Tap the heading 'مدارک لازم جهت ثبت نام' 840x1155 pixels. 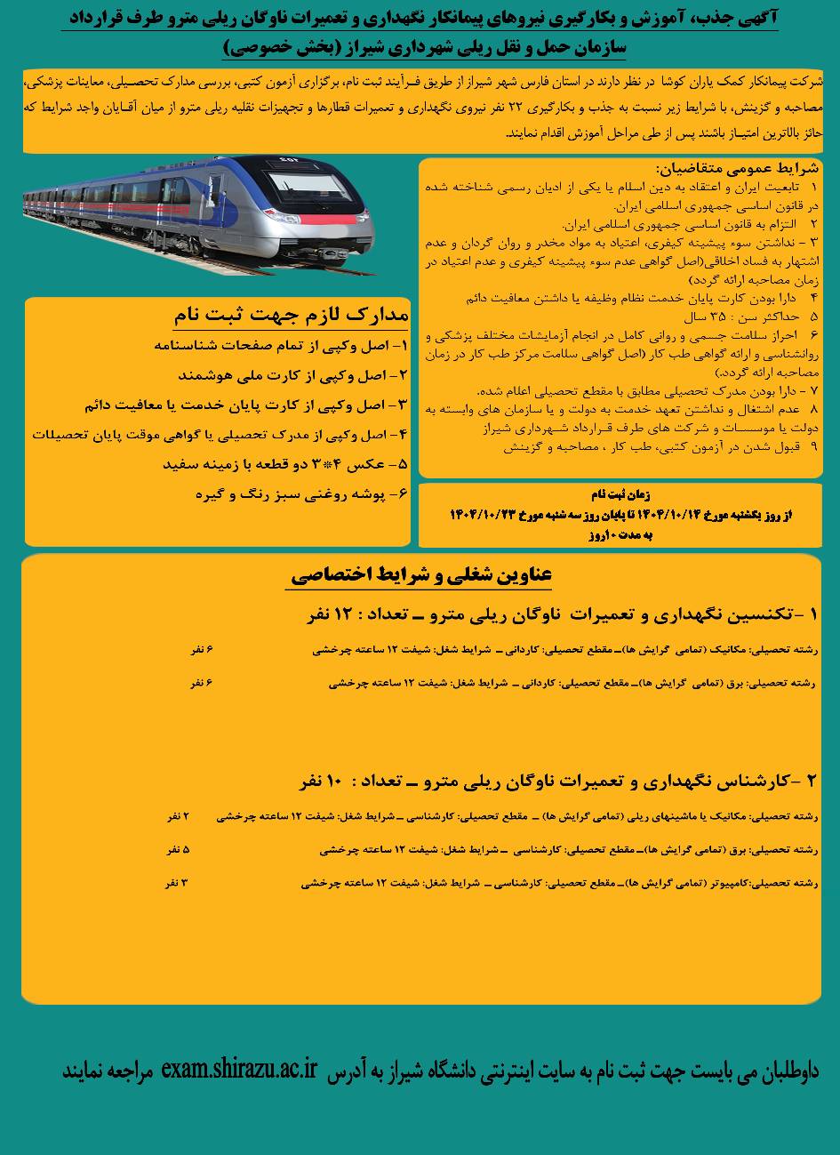tap(290, 316)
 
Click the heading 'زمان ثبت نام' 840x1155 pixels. tap(620, 494)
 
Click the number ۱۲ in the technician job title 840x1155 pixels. tap(342, 614)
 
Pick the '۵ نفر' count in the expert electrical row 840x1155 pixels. tap(178, 849)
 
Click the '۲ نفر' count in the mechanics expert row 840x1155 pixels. tap(178, 815)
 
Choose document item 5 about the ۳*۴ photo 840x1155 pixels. tap(284, 463)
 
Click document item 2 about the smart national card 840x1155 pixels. tap(292, 375)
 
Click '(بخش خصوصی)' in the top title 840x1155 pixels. tap(275, 45)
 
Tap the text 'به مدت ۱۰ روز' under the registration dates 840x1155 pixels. tap(620, 535)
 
